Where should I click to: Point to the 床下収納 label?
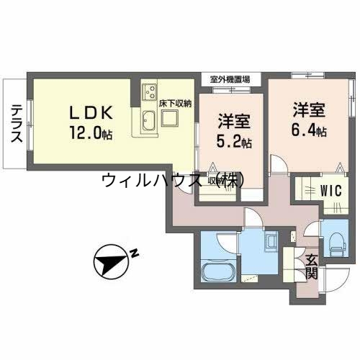(175, 103)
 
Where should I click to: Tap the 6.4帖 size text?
(310, 132)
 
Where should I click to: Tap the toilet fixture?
(336, 241)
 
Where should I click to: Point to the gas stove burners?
(151, 91)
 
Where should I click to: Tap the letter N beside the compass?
(134, 252)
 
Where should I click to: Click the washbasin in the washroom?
(271, 241)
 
